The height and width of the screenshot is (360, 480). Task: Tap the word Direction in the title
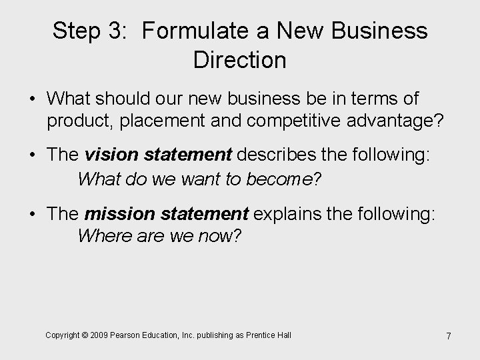click(239, 60)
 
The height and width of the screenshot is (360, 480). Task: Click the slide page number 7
click(449, 336)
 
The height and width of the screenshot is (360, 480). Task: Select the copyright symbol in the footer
click(87, 335)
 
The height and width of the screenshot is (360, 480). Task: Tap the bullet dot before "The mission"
click(33, 214)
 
